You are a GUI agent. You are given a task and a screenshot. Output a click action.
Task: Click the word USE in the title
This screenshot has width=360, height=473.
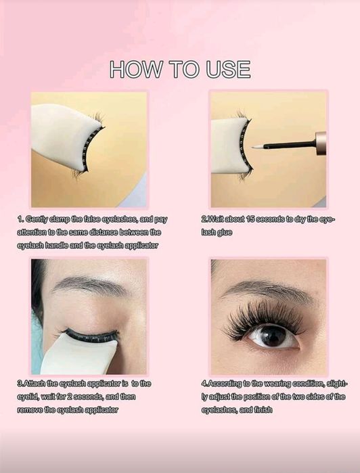[228, 69]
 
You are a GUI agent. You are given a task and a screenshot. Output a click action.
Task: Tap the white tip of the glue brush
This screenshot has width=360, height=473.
[257, 148]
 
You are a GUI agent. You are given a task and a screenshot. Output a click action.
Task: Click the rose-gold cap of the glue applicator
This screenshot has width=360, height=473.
[321, 143]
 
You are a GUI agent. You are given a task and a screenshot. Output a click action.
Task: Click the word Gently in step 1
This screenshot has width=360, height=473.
[37, 219]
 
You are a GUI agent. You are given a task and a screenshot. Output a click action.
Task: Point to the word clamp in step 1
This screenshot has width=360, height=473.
[60, 219]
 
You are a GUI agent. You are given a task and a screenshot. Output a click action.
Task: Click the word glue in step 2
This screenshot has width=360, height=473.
[224, 233]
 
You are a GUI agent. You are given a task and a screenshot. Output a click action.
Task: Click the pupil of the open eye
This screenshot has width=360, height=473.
[273, 336]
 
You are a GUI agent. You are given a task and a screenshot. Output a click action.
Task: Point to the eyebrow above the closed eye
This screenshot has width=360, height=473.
[89, 285]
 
